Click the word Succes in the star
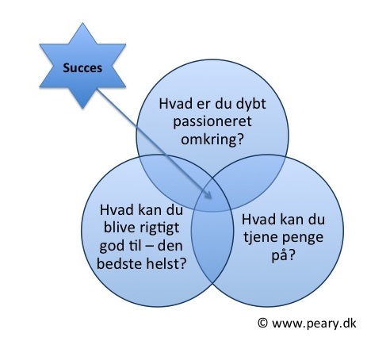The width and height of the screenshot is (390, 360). pyautogui.click(x=82, y=68)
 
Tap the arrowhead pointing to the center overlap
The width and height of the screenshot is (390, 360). pyautogui.click(x=208, y=195)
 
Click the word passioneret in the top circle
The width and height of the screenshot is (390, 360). pyautogui.click(x=212, y=122)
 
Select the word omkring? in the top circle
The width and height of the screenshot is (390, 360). pyautogui.click(x=212, y=139)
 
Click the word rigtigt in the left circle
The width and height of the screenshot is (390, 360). pyautogui.click(x=160, y=228)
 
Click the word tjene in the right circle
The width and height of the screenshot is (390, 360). pyautogui.click(x=260, y=237)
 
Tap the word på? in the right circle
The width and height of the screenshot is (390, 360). pyautogui.click(x=283, y=255)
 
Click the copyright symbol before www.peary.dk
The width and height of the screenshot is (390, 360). pyautogui.click(x=262, y=323)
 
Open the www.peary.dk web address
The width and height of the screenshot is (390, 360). pyautogui.click(x=314, y=324)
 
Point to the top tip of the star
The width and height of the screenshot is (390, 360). pyautogui.click(x=82, y=23)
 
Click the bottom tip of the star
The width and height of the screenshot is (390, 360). pyautogui.click(x=82, y=108)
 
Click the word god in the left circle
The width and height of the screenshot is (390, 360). pyautogui.click(x=112, y=247)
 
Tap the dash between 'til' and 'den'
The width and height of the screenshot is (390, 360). pyautogui.click(x=150, y=247)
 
